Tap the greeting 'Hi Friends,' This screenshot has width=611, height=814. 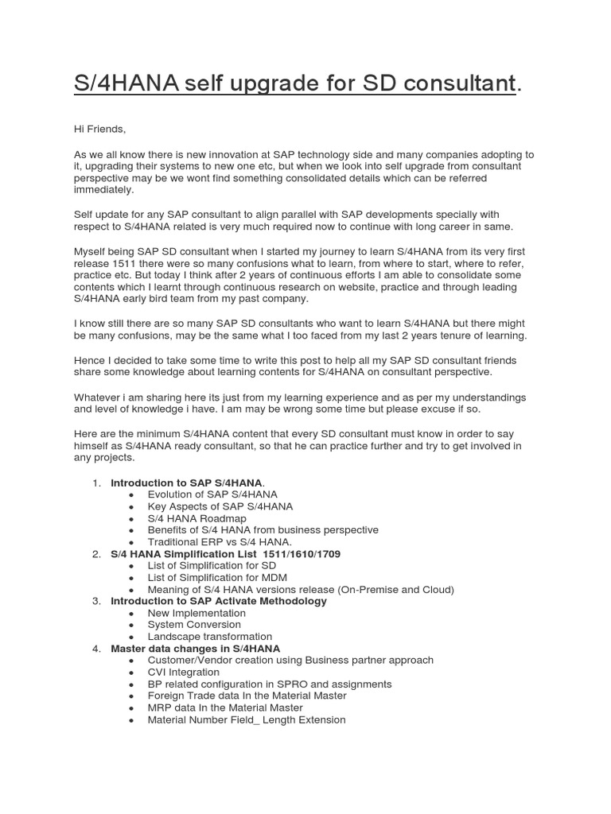click(x=99, y=129)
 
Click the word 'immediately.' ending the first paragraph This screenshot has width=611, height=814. click(x=104, y=190)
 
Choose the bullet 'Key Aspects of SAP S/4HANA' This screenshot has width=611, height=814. click(x=220, y=506)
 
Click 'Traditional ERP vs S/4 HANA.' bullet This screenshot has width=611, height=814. click(x=220, y=541)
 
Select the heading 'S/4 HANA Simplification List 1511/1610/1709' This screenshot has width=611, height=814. click(x=225, y=553)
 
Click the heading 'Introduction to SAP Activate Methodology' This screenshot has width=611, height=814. click(x=219, y=601)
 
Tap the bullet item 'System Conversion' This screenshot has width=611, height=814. click(x=194, y=625)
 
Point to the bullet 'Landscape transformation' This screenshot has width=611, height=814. click(x=209, y=637)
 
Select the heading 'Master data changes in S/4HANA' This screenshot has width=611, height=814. click(x=195, y=649)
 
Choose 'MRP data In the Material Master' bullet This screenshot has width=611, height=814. click(x=225, y=707)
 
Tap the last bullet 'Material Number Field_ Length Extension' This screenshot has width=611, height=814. click(x=247, y=719)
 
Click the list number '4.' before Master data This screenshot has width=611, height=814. click(x=96, y=649)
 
